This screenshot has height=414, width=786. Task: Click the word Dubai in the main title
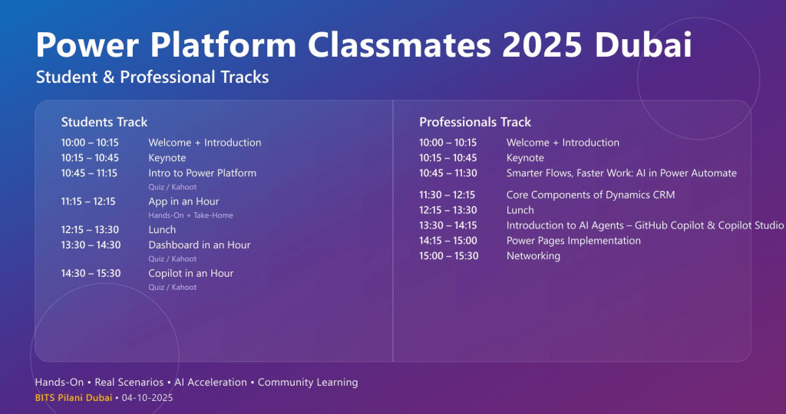643,45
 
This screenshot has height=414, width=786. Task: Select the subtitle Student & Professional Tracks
153,77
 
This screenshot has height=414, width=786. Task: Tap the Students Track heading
104,122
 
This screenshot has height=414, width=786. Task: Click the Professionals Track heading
475,122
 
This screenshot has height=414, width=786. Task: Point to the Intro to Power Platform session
202,173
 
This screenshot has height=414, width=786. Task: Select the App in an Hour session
183,202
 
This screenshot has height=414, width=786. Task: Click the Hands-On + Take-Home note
190,215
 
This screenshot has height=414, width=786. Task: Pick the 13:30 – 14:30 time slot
91,245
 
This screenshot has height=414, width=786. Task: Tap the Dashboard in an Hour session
199,245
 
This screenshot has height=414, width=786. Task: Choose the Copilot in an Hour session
190,274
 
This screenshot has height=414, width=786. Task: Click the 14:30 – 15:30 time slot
91,274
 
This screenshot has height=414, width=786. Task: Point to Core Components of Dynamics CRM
590,195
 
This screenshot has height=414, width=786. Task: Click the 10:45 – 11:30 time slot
448,173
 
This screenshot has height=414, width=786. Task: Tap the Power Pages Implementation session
573,241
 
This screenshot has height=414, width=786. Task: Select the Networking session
533,256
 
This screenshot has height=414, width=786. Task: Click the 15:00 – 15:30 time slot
448,256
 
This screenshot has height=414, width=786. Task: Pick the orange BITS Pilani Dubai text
74,398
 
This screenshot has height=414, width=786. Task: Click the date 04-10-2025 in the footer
147,398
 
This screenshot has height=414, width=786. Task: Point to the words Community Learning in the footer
308,383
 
